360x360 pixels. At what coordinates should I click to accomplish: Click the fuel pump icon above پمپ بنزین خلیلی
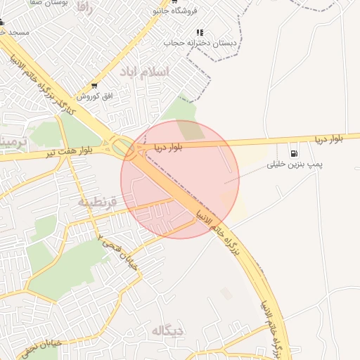coord(293,154)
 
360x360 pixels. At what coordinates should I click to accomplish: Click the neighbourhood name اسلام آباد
coord(145,72)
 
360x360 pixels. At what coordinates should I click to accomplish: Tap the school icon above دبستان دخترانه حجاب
coord(200,32)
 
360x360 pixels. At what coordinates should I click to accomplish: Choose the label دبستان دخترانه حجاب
coord(201,43)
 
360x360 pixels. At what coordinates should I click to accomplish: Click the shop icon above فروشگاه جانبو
coord(174,2)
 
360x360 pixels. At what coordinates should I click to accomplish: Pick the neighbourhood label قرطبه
coord(95,202)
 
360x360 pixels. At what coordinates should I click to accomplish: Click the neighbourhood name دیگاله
coord(167,329)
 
